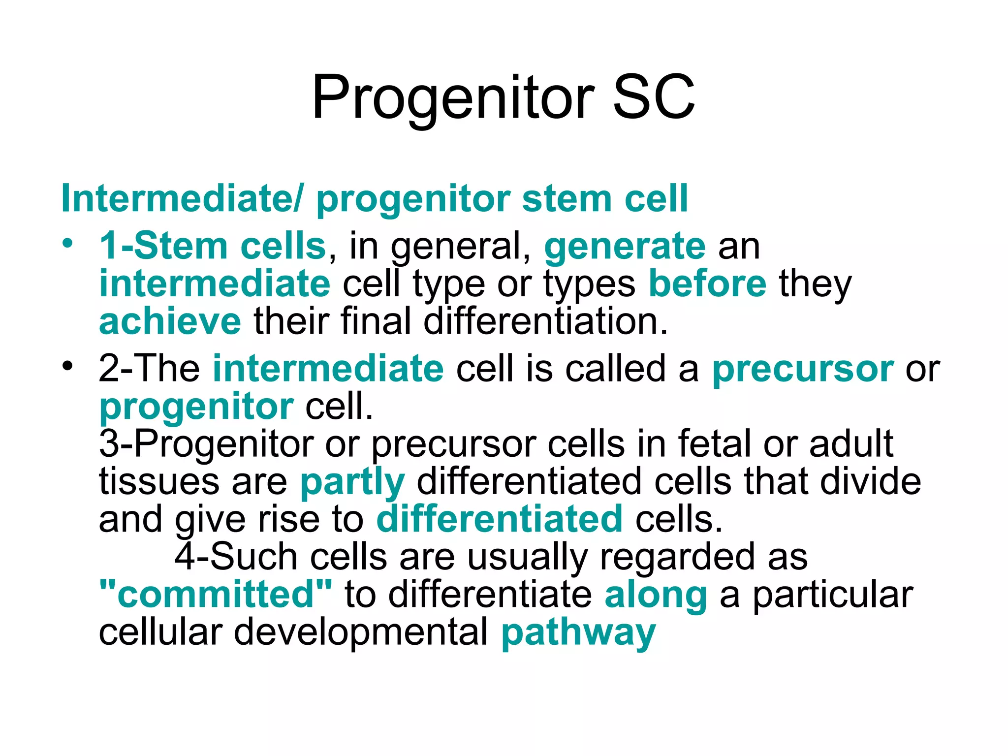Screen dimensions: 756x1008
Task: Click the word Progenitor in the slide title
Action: tap(453, 97)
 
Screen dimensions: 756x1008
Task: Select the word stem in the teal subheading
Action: tap(566, 199)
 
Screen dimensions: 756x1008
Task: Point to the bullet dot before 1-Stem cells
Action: tap(67, 243)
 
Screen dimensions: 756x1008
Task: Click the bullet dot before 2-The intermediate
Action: tap(67, 366)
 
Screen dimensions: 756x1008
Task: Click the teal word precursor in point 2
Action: tap(802, 369)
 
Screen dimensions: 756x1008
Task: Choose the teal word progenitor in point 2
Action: tap(196, 407)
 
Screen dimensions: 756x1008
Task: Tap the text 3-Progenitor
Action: tap(206, 444)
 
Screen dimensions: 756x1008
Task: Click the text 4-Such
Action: tap(236, 557)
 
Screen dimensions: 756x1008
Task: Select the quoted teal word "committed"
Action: tap(216, 595)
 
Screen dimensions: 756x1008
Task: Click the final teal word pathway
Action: tap(578, 633)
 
